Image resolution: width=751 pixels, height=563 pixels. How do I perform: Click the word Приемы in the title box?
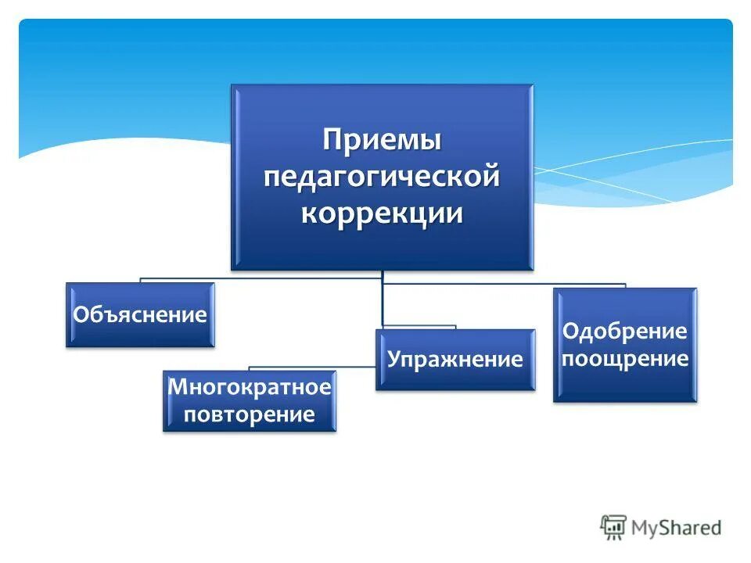pos(383,142)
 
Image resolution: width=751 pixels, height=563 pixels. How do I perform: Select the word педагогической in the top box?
pos(383,178)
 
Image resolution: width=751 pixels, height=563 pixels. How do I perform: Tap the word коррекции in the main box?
pos(383,213)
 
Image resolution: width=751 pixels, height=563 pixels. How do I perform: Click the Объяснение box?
pos(140,315)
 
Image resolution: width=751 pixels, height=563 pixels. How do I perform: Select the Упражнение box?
pos(455,360)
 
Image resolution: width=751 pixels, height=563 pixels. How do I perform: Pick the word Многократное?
pos(250,386)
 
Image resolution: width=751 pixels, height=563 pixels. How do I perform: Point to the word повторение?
pos(250,414)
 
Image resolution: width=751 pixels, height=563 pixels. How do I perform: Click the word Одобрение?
pos(624,332)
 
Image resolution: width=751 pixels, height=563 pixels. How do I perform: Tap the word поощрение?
pos(624,359)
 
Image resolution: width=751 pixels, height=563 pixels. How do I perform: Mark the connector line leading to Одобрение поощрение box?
pos(548,284)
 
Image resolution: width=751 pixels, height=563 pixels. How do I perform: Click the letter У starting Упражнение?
pos(394,360)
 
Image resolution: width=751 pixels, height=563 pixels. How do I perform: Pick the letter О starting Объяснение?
pos(80,315)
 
